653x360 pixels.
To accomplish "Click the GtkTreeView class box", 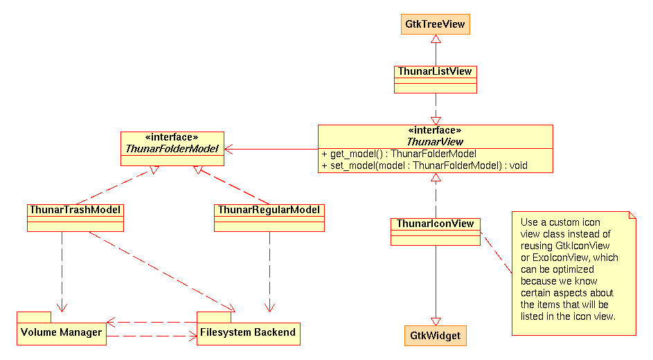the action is tap(435, 24).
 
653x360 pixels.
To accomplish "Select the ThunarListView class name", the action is tap(435, 71).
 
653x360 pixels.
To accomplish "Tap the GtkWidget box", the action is tap(435, 336).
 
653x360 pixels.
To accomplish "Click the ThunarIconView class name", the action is tap(435, 224).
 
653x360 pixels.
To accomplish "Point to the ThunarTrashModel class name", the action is tap(75, 210).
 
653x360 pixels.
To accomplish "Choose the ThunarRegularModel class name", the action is tap(269, 210).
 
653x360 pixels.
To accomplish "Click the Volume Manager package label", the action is tap(61, 332).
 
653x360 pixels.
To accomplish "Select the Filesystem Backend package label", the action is tap(248, 332).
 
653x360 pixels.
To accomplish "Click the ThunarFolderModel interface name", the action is tap(172, 149).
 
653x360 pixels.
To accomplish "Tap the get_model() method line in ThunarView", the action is tap(399, 154).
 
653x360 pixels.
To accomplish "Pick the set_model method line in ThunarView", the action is tap(424, 165).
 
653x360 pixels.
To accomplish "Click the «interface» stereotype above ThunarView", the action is tap(435, 131).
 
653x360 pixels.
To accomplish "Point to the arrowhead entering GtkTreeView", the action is tap(436, 39).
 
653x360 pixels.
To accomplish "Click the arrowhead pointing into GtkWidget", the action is tap(436, 321).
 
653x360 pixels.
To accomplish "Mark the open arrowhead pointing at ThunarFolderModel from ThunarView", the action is tap(229, 149).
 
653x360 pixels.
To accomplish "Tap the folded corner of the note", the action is tap(632, 215).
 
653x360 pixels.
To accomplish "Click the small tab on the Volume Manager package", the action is tap(34, 317).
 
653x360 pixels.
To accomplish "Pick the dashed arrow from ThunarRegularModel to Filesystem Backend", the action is tap(269, 272).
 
